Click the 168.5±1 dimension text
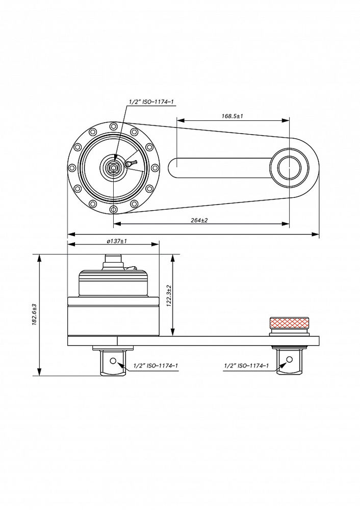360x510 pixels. click(x=232, y=116)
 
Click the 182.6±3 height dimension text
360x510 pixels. click(x=34, y=315)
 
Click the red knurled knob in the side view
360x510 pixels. click(x=289, y=323)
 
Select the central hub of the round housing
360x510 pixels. click(x=113, y=167)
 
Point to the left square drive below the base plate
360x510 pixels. click(x=113, y=363)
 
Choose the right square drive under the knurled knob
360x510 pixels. click(x=289, y=362)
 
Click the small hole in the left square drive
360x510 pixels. click(x=119, y=361)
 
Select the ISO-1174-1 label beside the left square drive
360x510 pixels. click(x=156, y=366)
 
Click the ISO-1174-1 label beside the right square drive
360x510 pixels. click(x=247, y=366)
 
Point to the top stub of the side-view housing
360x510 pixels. click(x=113, y=261)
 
